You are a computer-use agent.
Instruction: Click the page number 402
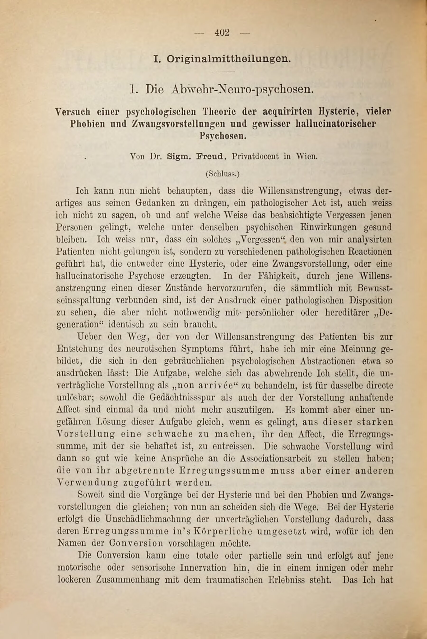(222, 33)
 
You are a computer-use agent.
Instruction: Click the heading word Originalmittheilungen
(228, 59)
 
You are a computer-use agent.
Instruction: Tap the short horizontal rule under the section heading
(223, 72)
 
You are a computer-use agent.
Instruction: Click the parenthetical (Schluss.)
(223, 174)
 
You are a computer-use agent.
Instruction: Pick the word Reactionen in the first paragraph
(371, 251)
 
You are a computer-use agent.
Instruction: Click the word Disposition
(371, 301)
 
